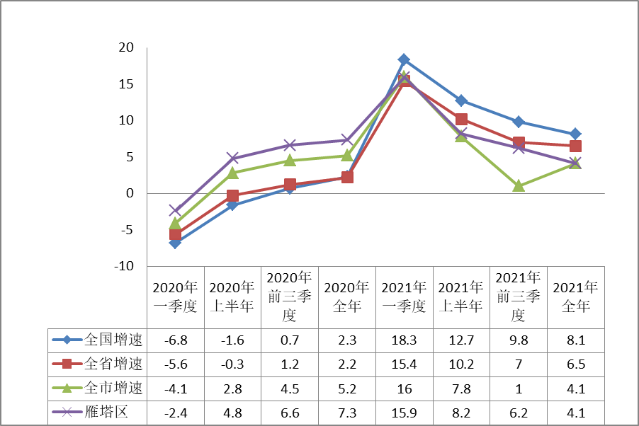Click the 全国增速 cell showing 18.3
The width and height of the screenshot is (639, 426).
pos(404,340)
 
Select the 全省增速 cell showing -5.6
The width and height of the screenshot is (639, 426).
pos(176,364)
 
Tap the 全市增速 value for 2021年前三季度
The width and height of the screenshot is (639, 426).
pos(519,388)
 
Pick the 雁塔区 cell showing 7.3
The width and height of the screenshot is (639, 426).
pos(347,413)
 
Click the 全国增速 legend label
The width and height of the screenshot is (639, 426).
pos(113,340)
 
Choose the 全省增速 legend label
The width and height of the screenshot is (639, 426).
pos(113,364)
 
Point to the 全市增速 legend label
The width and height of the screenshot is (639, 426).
pos(113,388)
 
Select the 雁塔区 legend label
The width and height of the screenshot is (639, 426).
pos(106,413)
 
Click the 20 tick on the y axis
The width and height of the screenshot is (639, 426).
pos(126,47)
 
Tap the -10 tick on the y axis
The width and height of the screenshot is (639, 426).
pos(124,266)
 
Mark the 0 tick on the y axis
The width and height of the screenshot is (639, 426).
pos(130,193)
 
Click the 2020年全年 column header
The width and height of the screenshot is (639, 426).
pos(347,297)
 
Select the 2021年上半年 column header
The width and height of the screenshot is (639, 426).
pos(461,297)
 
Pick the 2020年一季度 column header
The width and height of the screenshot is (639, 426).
pos(176,297)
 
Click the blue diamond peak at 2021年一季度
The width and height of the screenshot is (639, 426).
pos(404,59)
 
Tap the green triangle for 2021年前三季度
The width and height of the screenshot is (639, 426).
pos(519,186)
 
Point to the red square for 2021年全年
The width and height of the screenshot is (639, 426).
pos(575,146)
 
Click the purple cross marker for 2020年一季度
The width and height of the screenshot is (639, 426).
pos(175,210)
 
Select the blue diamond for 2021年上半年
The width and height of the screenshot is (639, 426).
pos(461,100)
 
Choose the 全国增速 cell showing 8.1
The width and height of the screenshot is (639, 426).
pos(575,340)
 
